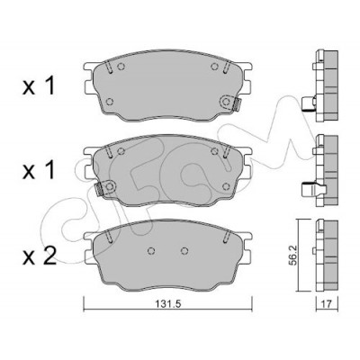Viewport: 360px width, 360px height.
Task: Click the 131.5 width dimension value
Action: pyautogui.click(x=168, y=304)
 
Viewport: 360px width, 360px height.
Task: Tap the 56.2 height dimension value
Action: pyautogui.click(x=292, y=256)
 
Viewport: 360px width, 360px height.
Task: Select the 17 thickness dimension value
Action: pyautogui.click(x=328, y=304)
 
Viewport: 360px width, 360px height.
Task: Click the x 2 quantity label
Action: pyautogui.click(x=40, y=256)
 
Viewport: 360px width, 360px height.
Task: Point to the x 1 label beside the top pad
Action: pyautogui.click(x=39, y=85)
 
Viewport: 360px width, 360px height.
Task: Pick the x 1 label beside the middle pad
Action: pyautogui.click(x=39, y=169)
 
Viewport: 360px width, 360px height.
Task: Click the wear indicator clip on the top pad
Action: pyautogui.click(x=237, y=104)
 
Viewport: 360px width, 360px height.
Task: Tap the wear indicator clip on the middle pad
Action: pyautogui.click(x=98, y=189)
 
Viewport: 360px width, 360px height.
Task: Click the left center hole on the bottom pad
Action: pyautogui.click(x=151, y=250)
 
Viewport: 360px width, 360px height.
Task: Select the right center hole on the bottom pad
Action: pyautogui.click(x=184, y=250)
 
